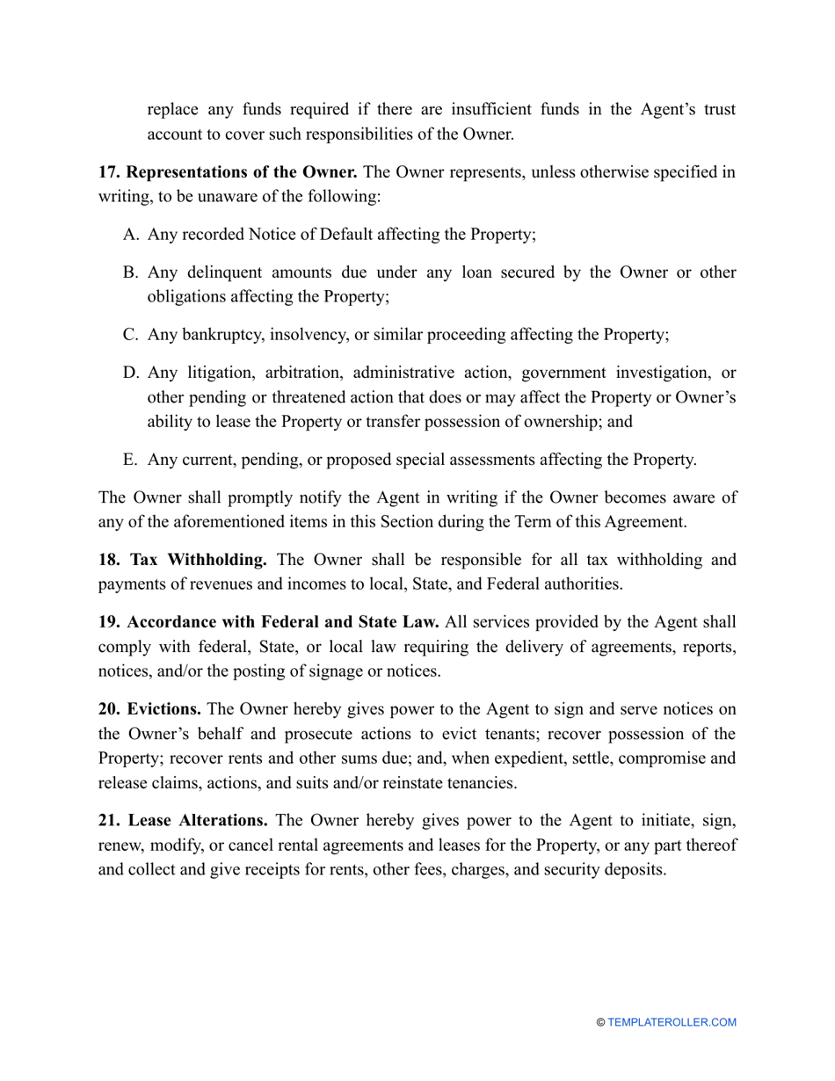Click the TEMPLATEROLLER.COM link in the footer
pos(672,1022)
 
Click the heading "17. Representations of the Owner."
pos(227,172)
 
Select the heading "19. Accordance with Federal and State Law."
pos(268,622)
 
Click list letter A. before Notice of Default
pos(131,235)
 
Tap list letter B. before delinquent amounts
pos(131,272)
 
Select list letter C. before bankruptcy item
pos(131,334)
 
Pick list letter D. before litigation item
pos(131,373)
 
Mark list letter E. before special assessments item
pos(131,459)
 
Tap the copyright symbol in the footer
pos(601,1022)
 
